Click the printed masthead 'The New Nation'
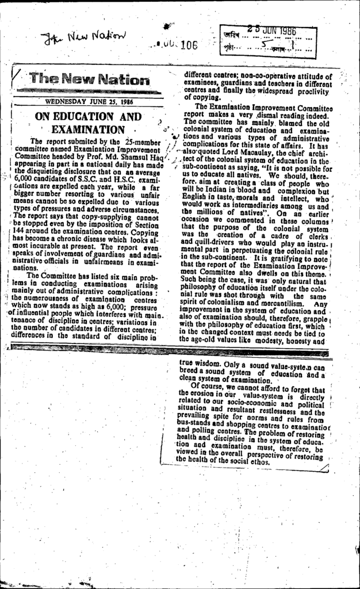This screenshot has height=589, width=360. [x=89, y=79]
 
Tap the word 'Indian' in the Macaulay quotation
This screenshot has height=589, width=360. [x=209, y=190]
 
